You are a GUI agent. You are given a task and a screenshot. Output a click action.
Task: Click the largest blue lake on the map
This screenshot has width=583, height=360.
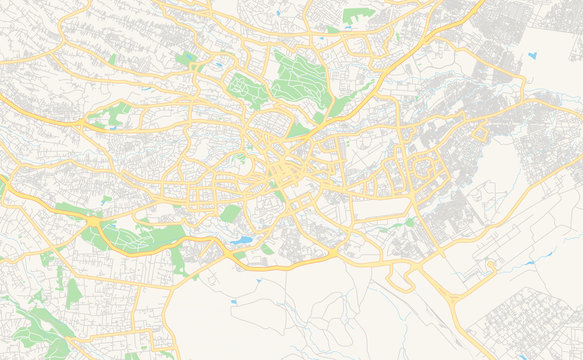[x=241, y=241]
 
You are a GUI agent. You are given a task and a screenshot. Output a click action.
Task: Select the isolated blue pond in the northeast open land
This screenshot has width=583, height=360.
[x=531, y=58]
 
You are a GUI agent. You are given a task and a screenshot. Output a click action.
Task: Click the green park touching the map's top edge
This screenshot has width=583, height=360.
[x=357, y=16]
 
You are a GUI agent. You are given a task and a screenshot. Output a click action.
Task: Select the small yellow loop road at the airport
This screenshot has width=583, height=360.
[x=490, y=265]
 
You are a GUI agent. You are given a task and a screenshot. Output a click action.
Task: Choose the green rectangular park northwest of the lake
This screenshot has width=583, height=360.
[x=231, y=213]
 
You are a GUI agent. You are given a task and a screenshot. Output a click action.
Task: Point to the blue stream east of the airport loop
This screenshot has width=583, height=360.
[x=528, y=264]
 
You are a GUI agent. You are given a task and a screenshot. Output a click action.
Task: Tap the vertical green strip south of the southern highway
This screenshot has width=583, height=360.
[x=177, y=260]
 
